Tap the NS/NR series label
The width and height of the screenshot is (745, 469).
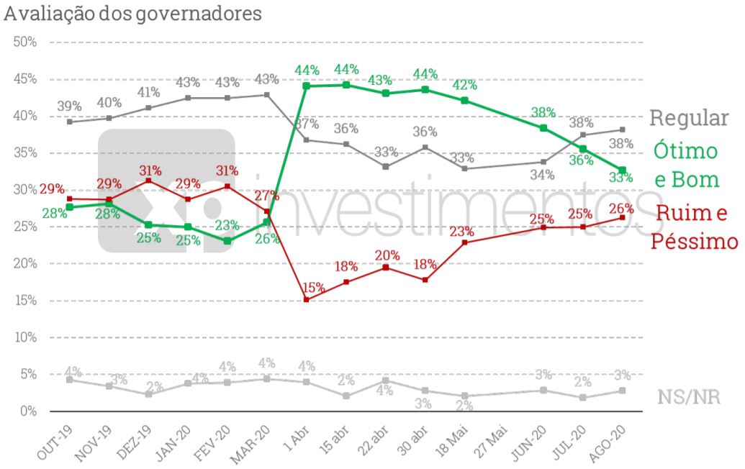pos(689,396)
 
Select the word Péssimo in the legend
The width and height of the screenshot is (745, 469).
pos(694,241)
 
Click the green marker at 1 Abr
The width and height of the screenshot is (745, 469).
pos(306,86)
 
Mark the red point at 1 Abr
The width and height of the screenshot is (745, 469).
pos(306,299)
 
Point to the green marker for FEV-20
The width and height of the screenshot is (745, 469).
pos(227,241)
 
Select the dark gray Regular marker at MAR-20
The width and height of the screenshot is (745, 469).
pos(267,95)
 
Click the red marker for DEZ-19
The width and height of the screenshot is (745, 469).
pos(148,180)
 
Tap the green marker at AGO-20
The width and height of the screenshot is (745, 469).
pos(623,170)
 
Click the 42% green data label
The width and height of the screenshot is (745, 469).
pos(464,85)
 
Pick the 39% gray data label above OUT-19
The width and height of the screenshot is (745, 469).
pos(69,106)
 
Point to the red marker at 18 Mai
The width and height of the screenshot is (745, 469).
pos(464,242)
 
